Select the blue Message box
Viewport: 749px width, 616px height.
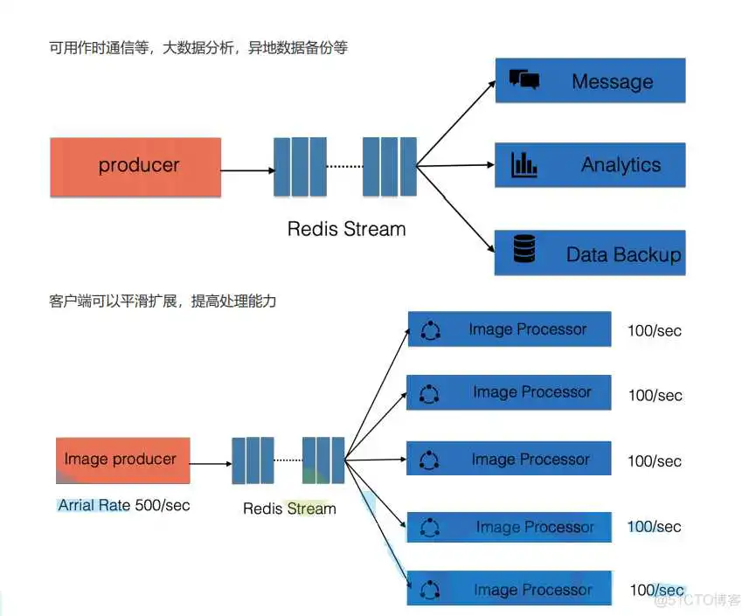coord(590,81)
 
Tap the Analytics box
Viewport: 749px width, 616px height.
coord(590,165)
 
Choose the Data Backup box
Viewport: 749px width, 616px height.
coord(590,253)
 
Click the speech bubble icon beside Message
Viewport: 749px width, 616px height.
coord(524,80)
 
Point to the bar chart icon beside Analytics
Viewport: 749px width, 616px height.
coord(524,163)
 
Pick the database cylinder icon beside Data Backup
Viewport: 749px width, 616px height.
coord(524,250)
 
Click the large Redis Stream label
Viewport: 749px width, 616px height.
coord(347,229)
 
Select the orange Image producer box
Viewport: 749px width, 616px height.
coord(122,460)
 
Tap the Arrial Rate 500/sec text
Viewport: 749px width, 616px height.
coord(124,505)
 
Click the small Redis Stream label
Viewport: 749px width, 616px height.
coord(289,509)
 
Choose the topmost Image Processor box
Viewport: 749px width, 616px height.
coord(510,329)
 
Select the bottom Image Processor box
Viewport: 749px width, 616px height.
coord(510,589)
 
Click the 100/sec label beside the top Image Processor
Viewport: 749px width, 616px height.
coord(655,331)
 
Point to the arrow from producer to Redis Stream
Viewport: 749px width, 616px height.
coord(247,170)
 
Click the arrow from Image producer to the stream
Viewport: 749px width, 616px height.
coord(211,464)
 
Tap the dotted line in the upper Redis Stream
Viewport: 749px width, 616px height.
coord(343,166)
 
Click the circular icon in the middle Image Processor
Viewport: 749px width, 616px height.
coord(429,460)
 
